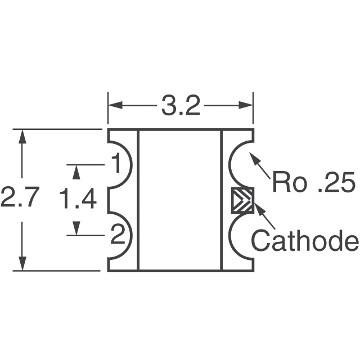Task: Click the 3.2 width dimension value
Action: tap(181, 106)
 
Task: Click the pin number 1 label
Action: tap(116, 165)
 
